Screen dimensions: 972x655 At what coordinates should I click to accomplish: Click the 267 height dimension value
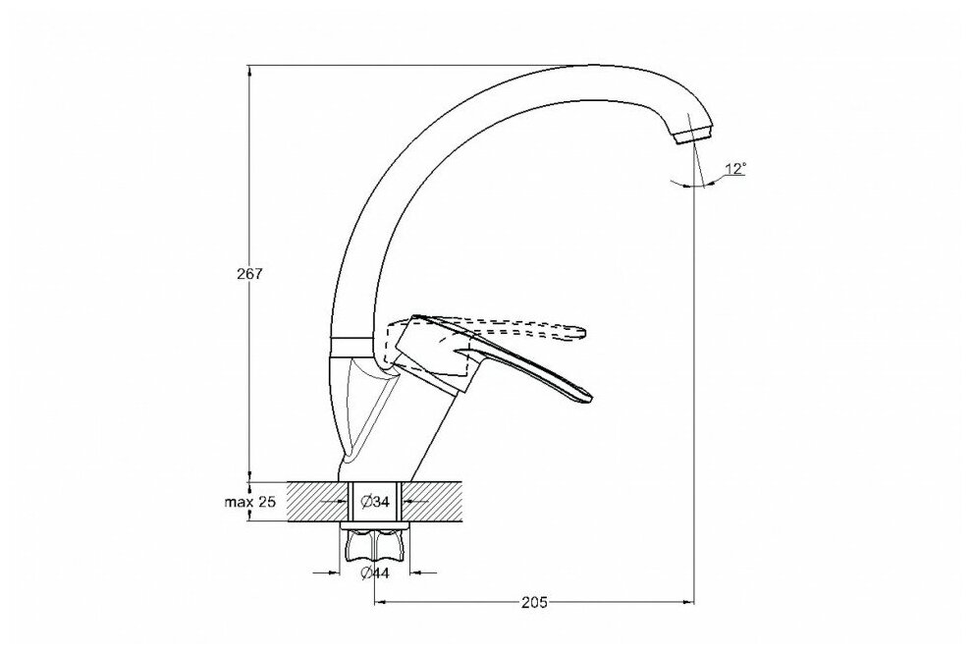tap(250, 275)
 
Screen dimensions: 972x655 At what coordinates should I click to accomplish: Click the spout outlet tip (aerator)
tap(694, 132)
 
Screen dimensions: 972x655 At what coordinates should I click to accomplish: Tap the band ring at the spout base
tap(351, 345)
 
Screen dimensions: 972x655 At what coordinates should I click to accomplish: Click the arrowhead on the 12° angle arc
tap(708, 185)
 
